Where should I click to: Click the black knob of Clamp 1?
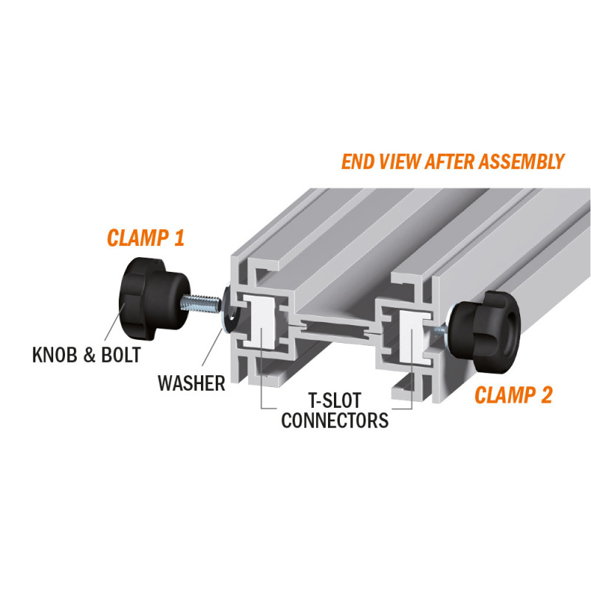pos(154,298)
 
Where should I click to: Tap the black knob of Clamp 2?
pos(485,331)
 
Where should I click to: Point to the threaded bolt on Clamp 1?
pos(201,304)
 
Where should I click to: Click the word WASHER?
pos(191,383)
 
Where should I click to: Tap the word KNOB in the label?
pos(55,355)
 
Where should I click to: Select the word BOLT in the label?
pos(121,355)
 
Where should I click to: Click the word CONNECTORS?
pos(335,420)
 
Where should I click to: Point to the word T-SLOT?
pos(335,400)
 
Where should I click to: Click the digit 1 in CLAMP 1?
pos(179,238)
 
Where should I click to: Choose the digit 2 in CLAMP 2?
pos(545,395)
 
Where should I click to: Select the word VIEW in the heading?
pos(399,162)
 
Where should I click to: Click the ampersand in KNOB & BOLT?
pos(89,355)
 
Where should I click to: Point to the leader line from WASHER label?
pos(212,346)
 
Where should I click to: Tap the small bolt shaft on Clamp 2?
pos(440,331)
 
